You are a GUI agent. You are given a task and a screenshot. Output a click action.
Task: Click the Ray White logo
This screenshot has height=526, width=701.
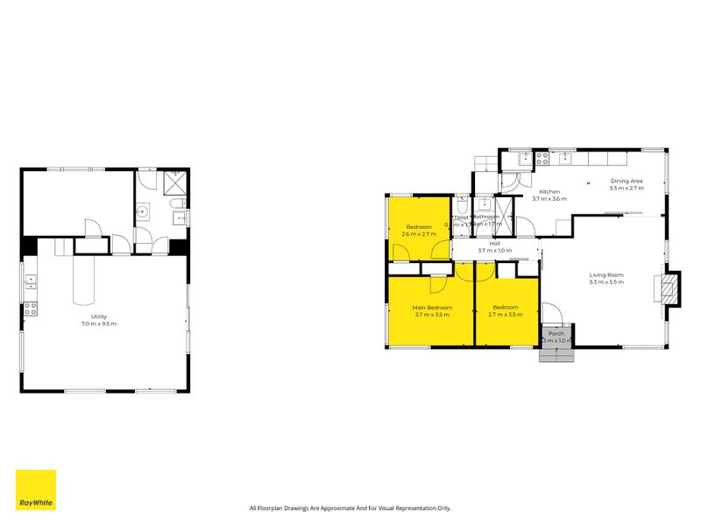pos(35,490)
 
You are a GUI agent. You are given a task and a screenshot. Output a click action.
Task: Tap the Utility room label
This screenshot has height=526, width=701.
pos(99,316)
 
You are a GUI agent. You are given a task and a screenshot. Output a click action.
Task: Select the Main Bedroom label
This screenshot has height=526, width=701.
pos(432,308)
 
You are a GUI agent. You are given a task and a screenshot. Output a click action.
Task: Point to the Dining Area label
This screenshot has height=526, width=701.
pos(627,181)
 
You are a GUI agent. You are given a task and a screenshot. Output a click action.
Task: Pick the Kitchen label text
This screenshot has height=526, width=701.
pos(549,191)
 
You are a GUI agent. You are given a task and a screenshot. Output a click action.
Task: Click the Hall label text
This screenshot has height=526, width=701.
pos(494,244)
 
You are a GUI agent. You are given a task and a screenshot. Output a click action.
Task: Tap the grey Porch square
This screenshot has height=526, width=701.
pos(556,335)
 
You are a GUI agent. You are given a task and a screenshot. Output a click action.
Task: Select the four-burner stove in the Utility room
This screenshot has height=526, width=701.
pos(30,308)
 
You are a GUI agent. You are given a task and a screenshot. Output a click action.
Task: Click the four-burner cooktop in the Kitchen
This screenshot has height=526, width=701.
pos(542,159)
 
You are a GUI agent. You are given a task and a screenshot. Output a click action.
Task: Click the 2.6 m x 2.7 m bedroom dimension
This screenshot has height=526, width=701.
pos(419,234)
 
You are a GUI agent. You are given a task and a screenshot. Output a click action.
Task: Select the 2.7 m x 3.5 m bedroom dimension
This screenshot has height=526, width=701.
pos(506,314)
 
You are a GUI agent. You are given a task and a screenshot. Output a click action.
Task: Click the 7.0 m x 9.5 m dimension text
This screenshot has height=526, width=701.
pos(99,323)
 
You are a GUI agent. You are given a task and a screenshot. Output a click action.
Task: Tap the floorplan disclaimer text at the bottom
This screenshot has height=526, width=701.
pos(350,508)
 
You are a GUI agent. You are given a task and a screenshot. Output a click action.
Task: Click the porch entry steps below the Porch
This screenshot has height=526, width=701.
pos(556,354)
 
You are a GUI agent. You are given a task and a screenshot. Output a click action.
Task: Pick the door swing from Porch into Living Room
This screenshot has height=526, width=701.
pos(550,312)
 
